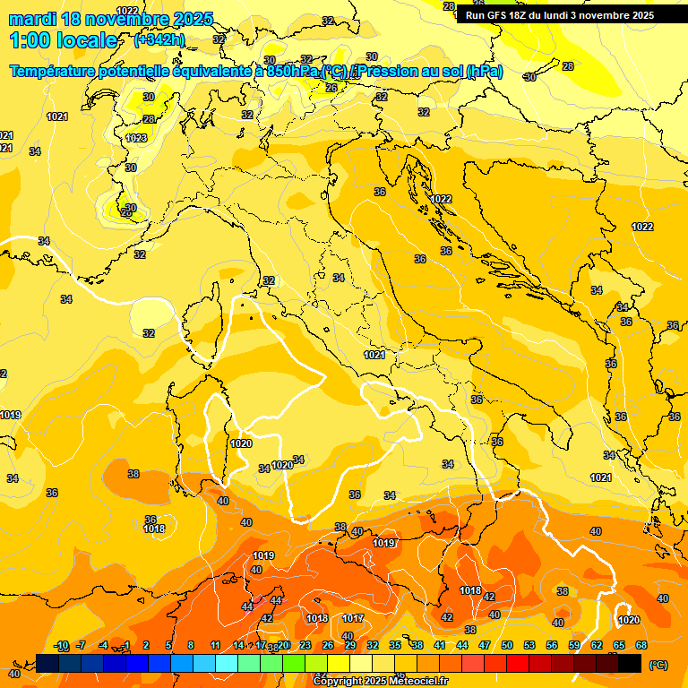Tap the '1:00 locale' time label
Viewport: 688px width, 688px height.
point(63,40)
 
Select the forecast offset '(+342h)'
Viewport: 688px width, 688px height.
point(159,40)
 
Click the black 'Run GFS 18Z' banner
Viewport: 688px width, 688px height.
point(560,15)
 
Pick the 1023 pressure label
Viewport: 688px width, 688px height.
point(136,138)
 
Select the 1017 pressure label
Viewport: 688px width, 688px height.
point(353,618)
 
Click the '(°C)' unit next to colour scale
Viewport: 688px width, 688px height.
point(658,665)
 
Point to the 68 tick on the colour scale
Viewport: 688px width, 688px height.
point(641,645)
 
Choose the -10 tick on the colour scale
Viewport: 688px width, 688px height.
point(61,645)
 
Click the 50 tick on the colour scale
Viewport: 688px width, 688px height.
point(507,645)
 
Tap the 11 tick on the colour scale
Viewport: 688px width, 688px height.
point(216,645)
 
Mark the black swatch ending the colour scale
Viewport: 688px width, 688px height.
point(631,663)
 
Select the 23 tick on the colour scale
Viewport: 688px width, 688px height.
point(305,645)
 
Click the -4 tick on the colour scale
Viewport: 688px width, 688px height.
point(104,645)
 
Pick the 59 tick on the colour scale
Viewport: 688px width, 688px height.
point(574,645)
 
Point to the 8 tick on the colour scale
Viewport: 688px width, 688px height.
point(191,645)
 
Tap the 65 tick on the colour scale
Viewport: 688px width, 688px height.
point(619,645)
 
